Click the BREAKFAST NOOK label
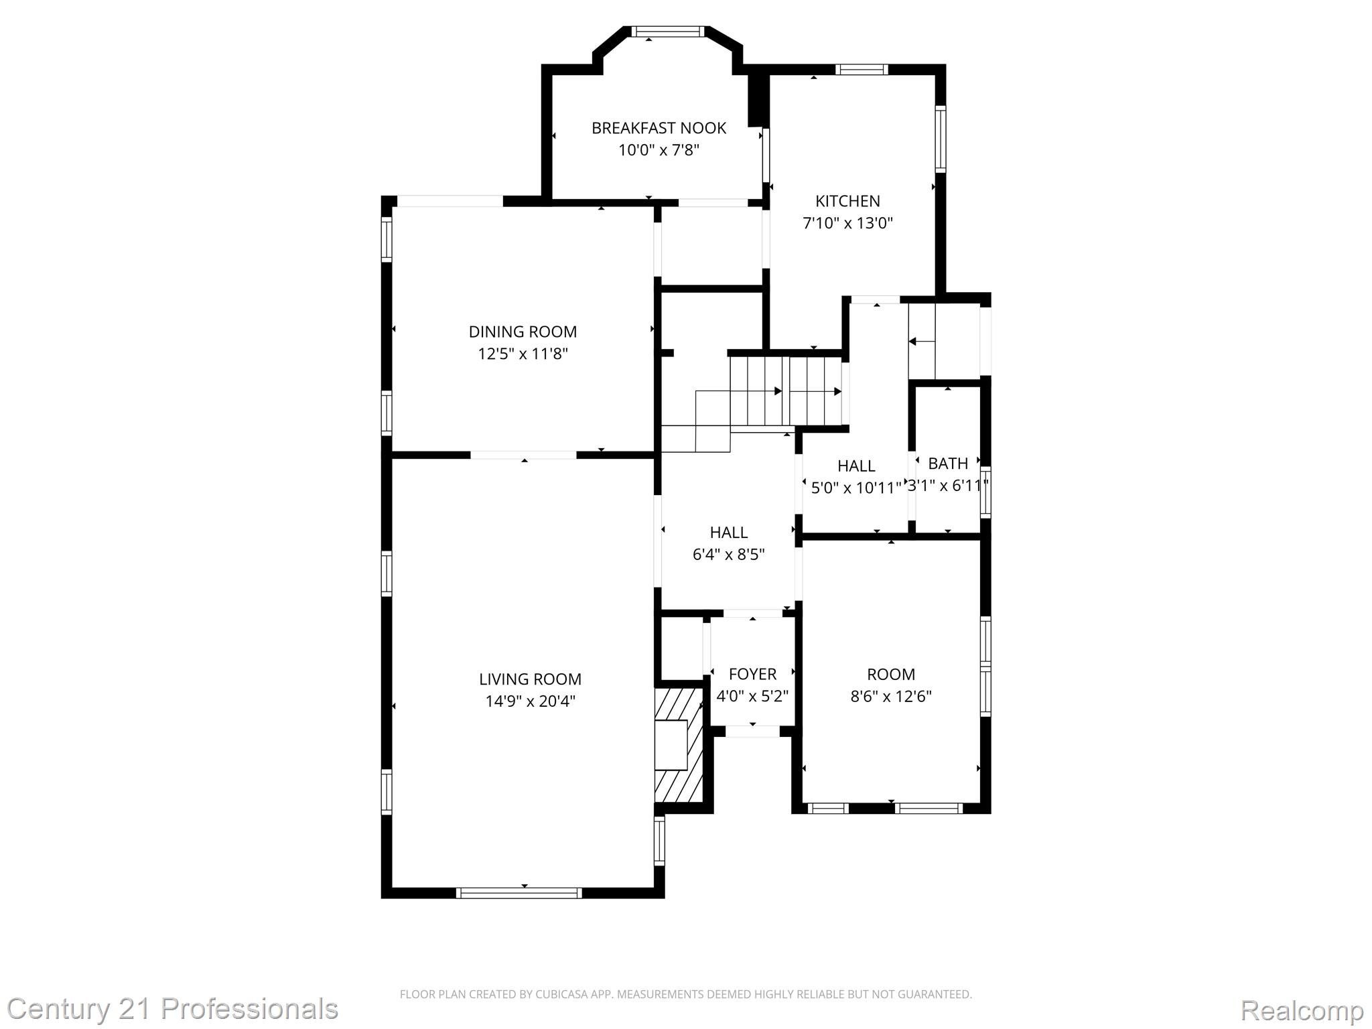coord(659,128)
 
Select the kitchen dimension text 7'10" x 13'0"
coord(847,223)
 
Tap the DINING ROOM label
coord(523,332)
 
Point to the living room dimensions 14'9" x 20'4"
coord(530,701)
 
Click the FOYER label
coord(752,674)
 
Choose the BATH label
coord(948,464)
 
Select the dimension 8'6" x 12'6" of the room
coord(890,696)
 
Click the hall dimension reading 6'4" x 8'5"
coord(728,555)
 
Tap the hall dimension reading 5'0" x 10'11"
coord(855,488)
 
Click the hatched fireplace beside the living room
coord(679,745)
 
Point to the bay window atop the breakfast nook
coord(668,31)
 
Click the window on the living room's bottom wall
coord(519,892)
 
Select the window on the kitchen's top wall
coord(861,69)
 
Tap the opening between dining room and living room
coord(523,455)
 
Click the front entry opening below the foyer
coord(752,732)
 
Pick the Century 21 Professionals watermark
coord(172,1009)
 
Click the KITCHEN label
coord(847,201)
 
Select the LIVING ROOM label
coord(530,679)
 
